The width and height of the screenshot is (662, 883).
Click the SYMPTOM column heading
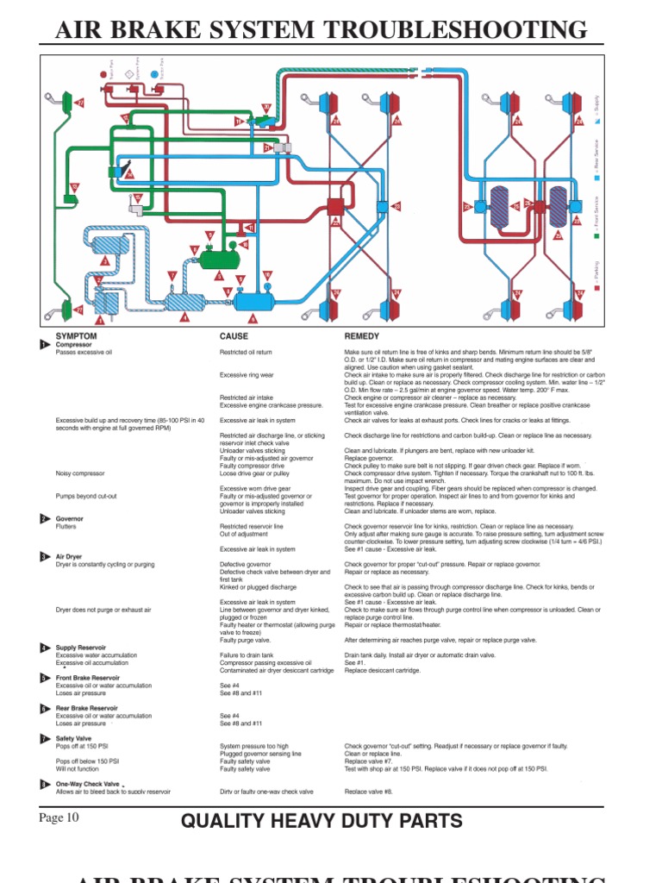click(x=76, y=335)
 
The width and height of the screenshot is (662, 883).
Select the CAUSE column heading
click(x=234, y=335)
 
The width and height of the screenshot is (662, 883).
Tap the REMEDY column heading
click(x=362, y=335)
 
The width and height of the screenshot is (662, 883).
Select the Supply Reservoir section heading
click(x=81, y=647)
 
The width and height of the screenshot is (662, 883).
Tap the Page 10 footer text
click(x=59, y=817)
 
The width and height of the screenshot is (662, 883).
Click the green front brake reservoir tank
click(x=219, y=257)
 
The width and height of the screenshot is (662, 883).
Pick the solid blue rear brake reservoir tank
click(x=253, y=302)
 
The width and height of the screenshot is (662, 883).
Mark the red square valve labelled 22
click(x=335, y=207)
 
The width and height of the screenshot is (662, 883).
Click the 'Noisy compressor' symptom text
click(x=80, y=473)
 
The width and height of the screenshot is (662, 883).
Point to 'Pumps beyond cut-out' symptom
click(x=86, y=496)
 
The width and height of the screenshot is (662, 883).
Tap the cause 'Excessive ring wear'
click(x=247, y=375)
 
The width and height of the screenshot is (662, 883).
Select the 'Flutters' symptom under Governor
click(x=66, y=526)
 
